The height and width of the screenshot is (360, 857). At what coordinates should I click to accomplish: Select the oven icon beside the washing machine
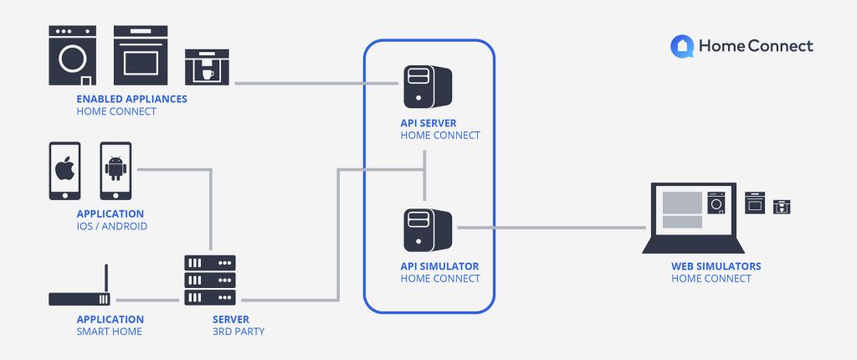coord(141,55)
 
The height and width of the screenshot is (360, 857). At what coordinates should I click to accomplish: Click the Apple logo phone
coord(64,170)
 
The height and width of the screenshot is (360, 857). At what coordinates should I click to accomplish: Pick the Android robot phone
coord(115,170)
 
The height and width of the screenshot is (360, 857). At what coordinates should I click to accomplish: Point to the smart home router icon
coord(80,298)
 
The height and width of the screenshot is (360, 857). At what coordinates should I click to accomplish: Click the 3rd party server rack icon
coord(210,280)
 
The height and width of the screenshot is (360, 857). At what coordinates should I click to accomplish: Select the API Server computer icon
coord(426,85)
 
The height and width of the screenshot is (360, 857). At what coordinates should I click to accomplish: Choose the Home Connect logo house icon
coord(681,46)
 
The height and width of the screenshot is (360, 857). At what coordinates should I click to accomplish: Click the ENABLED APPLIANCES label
coord(131,99)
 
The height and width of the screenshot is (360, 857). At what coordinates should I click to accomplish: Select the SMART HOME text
coord(110,332)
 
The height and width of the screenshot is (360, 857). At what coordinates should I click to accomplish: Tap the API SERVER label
coord(428,123)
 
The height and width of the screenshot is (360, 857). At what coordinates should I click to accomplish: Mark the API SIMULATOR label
coord(440,266)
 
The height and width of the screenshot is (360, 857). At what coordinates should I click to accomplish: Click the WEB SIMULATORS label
coord(716,266)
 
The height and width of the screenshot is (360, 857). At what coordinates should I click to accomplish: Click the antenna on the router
coord(106,278)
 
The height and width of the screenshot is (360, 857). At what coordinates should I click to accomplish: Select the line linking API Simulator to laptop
coord(552,227)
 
